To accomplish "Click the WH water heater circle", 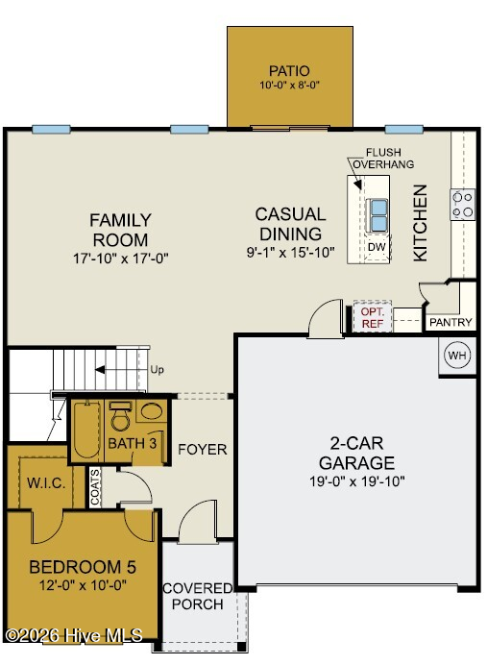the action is click(x=456, y=355).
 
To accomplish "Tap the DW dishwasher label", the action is click(x=377, y=247).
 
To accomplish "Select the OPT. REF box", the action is click(x=372, y=317).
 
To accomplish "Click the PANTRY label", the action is click(x=450, y=322).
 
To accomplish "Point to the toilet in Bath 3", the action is click(x=120, y=416).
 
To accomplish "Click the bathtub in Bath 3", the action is click(x=86, y=430).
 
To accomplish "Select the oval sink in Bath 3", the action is click(x=151, y=411).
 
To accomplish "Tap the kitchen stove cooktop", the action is click(x=462, y=205).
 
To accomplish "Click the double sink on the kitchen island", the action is click(x=378, y=215).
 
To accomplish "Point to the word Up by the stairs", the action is click(x=157, y=370).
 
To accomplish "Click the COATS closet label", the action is click(x=95, y=487).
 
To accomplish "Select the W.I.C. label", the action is click(x=46, y=483).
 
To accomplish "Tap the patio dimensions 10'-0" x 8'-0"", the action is click(x=289, y=85).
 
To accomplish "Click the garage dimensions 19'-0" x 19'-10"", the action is click(x=357, y=481).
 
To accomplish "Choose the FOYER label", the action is click(x=202, y=449).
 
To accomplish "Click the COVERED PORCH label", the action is click(x=198, y=596).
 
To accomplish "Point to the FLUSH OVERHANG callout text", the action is click(x=383, y=159).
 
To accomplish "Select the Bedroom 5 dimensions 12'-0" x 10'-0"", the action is click(x=83, y=585).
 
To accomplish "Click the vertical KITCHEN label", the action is click(x=420, y=223).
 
